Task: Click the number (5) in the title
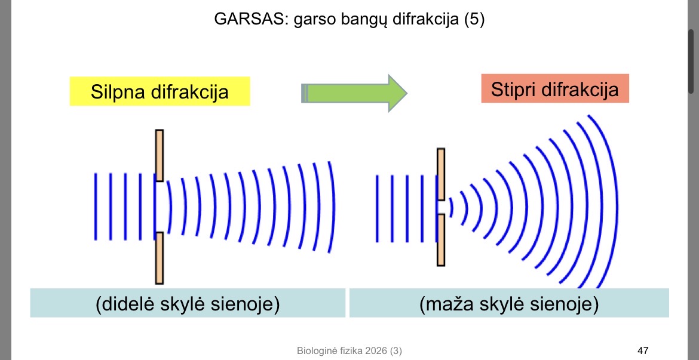pos(473,20)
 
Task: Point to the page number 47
pos(643,350)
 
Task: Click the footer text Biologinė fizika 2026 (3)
pos(349,350)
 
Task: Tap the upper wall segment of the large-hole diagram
pos(159,155)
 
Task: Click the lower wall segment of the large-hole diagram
pos(159,258)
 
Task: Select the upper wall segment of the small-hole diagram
pos(441,174)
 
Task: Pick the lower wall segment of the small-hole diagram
pos(441,240)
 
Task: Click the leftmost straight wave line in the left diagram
pos(95,207)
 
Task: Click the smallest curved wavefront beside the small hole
pos(452,207)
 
